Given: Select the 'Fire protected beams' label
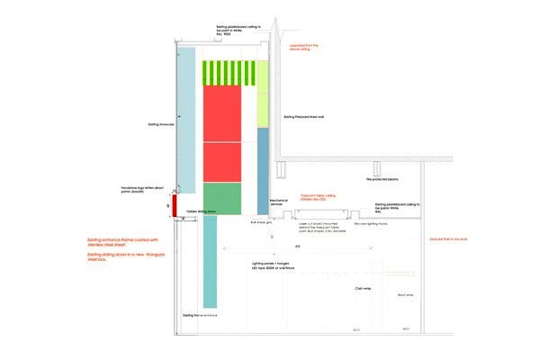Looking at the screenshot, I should (x=382, y=180).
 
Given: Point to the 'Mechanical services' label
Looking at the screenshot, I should (x=283, y=205).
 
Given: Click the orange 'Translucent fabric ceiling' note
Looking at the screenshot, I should (x=318, y=196).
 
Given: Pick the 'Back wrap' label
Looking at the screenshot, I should (x=404, y=294).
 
